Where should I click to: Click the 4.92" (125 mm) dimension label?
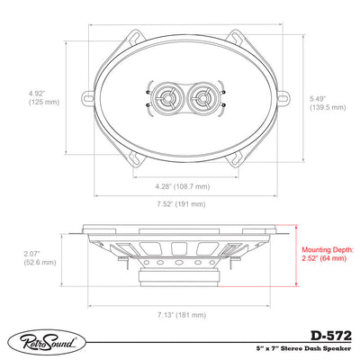pos(44,97)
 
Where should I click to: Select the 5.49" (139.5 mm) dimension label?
pos(328,103)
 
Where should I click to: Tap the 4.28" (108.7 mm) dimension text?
pos(183,186)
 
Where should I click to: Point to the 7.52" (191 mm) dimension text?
pos(181,204)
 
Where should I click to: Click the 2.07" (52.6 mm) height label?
pos(40,258)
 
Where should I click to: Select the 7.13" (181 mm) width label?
pos(182,315)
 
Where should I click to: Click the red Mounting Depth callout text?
pos(328,254)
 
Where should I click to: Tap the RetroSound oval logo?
pos(47,342)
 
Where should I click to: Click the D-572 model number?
pos(331,336)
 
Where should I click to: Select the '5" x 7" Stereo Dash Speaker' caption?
pos(303,348)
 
